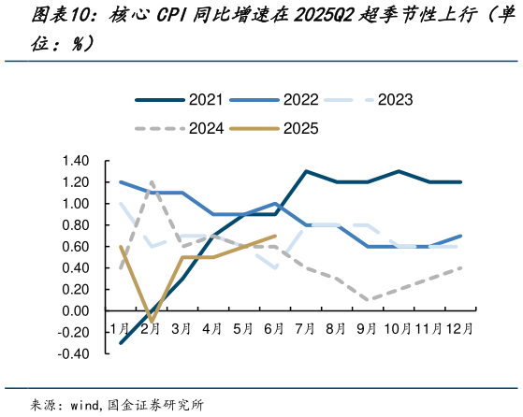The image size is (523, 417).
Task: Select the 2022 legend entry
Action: coord(299,100)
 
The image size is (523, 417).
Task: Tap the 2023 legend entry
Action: coord(395,100)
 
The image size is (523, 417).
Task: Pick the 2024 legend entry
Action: coord(205,128)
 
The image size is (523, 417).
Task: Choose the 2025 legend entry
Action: coord(299,128)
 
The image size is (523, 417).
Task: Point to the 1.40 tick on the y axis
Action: coord(78,161)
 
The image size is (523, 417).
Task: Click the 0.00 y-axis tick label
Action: coord(78,311)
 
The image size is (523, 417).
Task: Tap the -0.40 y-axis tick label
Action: coord(75,354)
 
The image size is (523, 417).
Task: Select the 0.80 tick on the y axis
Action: coord(78,225)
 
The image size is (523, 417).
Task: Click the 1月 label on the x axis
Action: coord(120,329)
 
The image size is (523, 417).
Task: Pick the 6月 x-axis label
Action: coord(274,329)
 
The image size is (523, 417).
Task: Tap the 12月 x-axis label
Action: coord(459,329)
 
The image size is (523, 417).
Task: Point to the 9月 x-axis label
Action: coord(367,329)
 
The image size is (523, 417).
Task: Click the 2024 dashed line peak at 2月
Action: coord(152,182)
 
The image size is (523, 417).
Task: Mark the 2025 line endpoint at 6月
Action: coord(275,236)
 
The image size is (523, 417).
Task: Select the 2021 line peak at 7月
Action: coord(306,171)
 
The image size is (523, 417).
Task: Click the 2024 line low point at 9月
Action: coord(368,300)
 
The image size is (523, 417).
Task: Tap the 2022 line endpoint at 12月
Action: coord(460,236)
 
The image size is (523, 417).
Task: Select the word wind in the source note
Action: coord(87,404)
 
